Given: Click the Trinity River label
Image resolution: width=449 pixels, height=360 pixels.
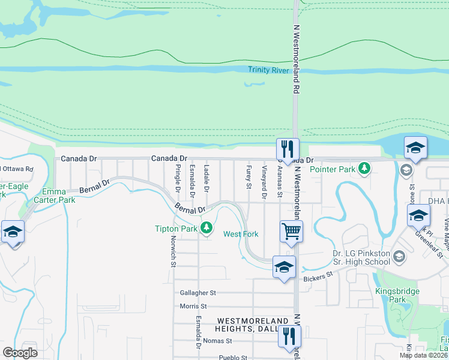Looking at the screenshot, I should pos(268,70).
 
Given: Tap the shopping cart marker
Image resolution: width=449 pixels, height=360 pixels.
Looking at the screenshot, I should pos(291,230).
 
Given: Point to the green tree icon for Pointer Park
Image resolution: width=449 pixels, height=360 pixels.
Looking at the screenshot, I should pos(364,169).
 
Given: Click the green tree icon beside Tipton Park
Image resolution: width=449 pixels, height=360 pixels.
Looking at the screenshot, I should pos(206,227).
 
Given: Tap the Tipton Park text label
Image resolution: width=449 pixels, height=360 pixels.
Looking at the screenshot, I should pos(176,229).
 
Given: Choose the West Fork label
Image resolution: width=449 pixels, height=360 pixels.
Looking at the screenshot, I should pos(241,234).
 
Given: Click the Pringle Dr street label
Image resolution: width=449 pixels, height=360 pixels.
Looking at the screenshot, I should pos(178,179).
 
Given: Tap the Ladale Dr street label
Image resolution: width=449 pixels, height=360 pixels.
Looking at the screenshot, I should pos(206,178).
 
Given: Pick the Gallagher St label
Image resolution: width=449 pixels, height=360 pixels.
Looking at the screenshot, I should pos(197,293).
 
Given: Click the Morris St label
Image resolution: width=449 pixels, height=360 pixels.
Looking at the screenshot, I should pos(193,306).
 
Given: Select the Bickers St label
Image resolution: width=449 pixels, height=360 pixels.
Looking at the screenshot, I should pos(318,277).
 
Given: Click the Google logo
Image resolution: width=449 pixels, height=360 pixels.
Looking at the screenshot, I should pos(20,352).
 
